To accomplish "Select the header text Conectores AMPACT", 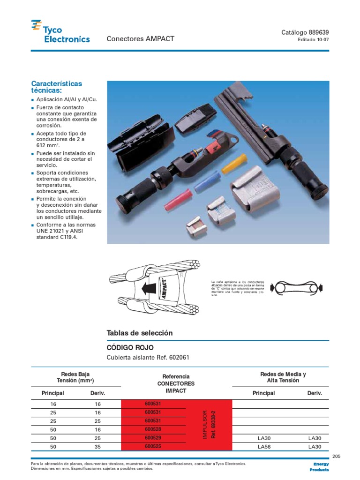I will tap(141, 39).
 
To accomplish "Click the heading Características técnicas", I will tap(56, 87).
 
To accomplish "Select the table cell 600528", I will tap(153, 429).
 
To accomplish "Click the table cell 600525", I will tap(153, 447).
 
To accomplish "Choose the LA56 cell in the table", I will tap(265, 447).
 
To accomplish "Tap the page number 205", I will tap(335, 456).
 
